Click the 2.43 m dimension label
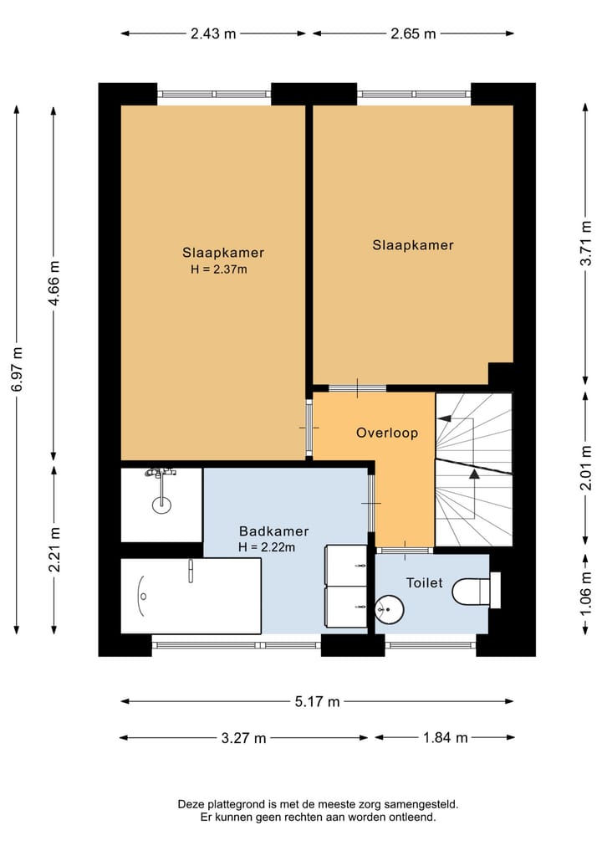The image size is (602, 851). point(213,33)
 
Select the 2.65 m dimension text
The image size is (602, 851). point(413,33)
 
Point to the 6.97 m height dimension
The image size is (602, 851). point(18,369)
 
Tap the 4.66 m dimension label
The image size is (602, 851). point(54,283)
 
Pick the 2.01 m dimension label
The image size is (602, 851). point(586,467)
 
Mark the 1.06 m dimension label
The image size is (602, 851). point(586,594)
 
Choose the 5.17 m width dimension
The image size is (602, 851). point(317,702)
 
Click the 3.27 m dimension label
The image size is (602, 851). point(243,738)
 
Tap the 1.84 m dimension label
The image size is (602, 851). point(446,737)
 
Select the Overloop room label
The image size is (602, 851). point(387,433)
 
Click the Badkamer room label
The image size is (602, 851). point(274,531)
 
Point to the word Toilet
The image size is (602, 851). point(425,583)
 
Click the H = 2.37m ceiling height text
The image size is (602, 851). point(219,269)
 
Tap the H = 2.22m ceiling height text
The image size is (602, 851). point(267,547)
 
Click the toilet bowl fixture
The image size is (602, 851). point(476,592)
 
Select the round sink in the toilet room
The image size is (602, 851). point(390,609)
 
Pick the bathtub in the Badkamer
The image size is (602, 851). point(191,596)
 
